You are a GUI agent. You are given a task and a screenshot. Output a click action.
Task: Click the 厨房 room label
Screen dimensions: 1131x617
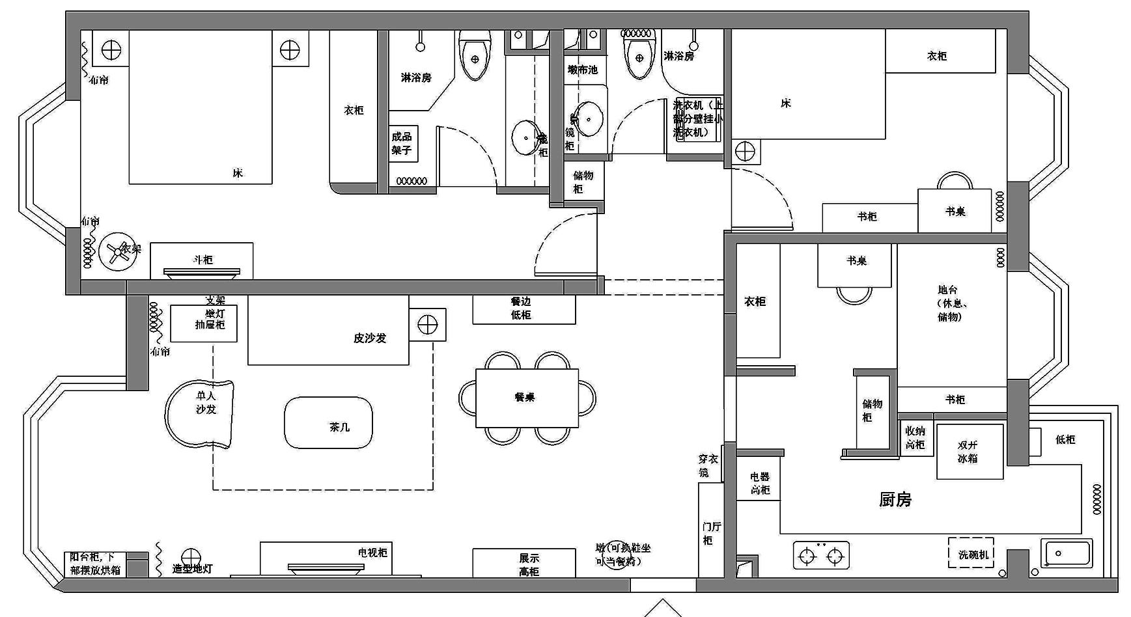(895, 499)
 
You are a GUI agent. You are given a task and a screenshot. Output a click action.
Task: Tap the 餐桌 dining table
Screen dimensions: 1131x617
(527, 398)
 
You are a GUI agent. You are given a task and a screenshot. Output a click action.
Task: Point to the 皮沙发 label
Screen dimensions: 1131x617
(370, 338)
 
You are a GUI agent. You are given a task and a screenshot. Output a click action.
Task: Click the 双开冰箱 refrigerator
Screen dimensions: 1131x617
(969, 452)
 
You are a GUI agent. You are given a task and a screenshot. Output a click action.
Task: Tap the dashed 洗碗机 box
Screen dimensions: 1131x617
(971, 554)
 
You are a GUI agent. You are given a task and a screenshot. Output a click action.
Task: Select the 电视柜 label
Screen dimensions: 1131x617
(372, 553)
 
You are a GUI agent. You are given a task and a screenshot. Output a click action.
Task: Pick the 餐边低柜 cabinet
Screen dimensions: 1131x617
(524, 309)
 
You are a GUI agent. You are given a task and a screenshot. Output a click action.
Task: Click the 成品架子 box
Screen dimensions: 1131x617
(403, 143)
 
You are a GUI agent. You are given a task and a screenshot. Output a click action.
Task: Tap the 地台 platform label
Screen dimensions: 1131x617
(948, 303)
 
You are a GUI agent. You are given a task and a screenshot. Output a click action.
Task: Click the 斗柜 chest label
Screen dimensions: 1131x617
(203, 260)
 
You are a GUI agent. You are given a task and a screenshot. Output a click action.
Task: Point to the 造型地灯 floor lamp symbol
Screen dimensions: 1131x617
(191, 557)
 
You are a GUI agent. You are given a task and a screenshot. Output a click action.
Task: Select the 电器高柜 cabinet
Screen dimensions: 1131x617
(759, 482)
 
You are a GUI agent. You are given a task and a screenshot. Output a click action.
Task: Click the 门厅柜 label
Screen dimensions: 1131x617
(710, 533)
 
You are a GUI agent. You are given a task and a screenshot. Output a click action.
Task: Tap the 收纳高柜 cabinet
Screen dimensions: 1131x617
(915, 437)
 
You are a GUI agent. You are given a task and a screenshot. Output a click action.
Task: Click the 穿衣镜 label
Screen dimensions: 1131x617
(708, 465)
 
